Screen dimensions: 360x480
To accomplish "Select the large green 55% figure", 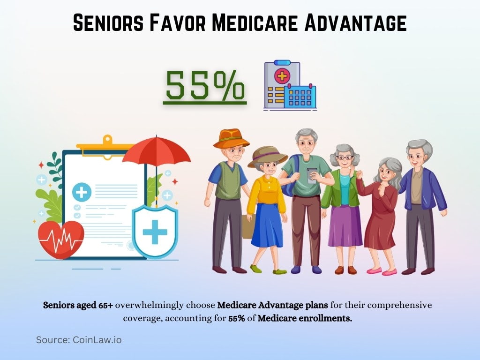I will [205, 85].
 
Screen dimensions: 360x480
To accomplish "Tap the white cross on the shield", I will [155, 232].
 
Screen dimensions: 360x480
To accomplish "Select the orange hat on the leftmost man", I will [231, 138].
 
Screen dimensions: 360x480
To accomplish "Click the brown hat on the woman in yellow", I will [267, 156].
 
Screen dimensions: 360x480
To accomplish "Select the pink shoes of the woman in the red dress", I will [382, 271].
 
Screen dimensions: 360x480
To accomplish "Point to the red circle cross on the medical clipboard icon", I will [282, 75].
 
